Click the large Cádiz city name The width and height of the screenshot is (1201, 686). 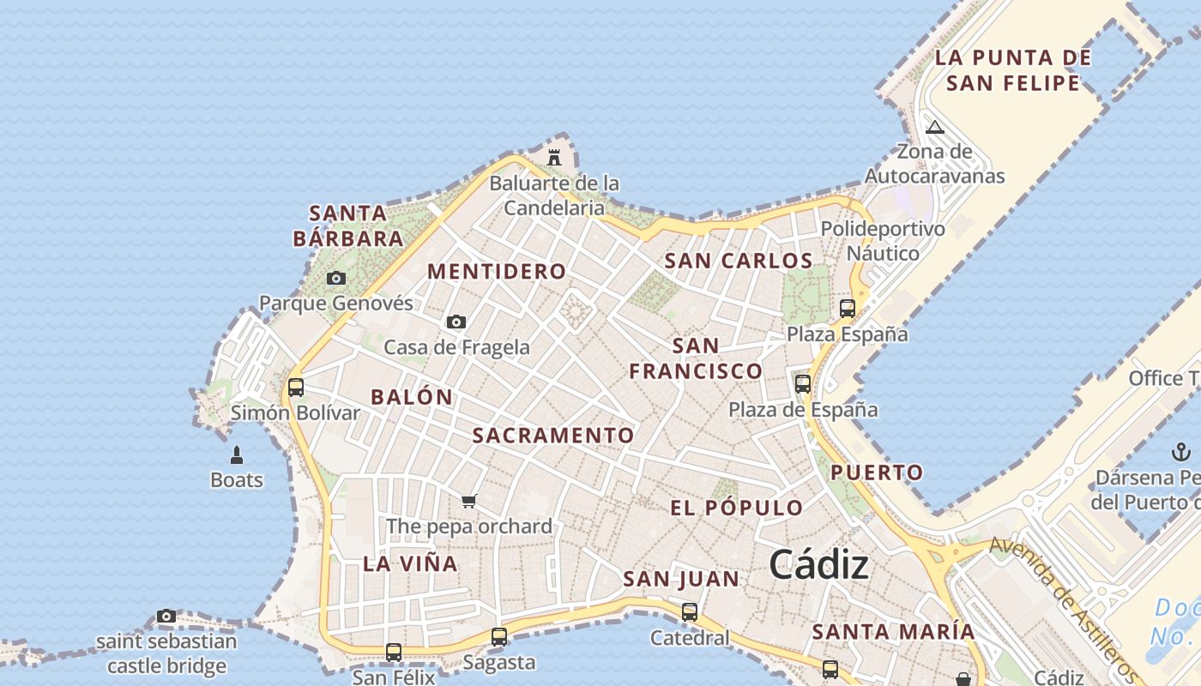818,565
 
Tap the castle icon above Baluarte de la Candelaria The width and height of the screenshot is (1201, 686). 554,157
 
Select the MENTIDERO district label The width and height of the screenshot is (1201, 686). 497,272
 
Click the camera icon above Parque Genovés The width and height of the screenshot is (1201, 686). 336,278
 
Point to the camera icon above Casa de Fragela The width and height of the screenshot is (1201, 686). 456,322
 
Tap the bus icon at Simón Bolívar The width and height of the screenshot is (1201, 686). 296,387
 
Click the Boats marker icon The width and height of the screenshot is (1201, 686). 237,454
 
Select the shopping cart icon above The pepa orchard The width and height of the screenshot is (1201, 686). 468,501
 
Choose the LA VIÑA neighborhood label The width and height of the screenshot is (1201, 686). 410,563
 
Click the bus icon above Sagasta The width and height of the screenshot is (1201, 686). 499,636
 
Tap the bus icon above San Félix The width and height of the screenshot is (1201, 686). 394,652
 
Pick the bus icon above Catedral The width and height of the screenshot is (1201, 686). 690,612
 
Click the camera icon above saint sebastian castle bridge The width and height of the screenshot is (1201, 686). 166,616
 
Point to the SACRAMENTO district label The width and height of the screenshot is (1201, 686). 553,436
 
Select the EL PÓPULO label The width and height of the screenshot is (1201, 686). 737,508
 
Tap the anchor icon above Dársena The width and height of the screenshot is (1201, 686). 1181,451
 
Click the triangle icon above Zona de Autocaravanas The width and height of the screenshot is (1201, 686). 935,128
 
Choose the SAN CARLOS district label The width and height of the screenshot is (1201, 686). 739,261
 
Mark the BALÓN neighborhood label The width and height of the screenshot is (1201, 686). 412,397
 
